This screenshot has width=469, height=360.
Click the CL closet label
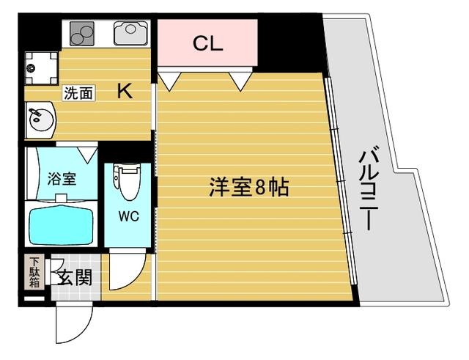click(207, 43)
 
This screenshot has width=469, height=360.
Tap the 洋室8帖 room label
click(248, 188)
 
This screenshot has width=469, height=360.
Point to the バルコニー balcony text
click(370, 189)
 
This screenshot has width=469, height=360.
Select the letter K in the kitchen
click(125, 92)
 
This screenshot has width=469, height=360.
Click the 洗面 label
click(78, 93)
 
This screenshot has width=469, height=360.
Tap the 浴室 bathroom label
click(62, 177)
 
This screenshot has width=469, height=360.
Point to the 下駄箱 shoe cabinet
click(34, 273)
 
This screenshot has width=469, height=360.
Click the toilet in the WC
click(127, 182)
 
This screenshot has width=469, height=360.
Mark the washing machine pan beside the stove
click(40, 67)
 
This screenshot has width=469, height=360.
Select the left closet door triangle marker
click(169, 80)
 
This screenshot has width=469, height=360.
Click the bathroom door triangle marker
click(88, 155)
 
